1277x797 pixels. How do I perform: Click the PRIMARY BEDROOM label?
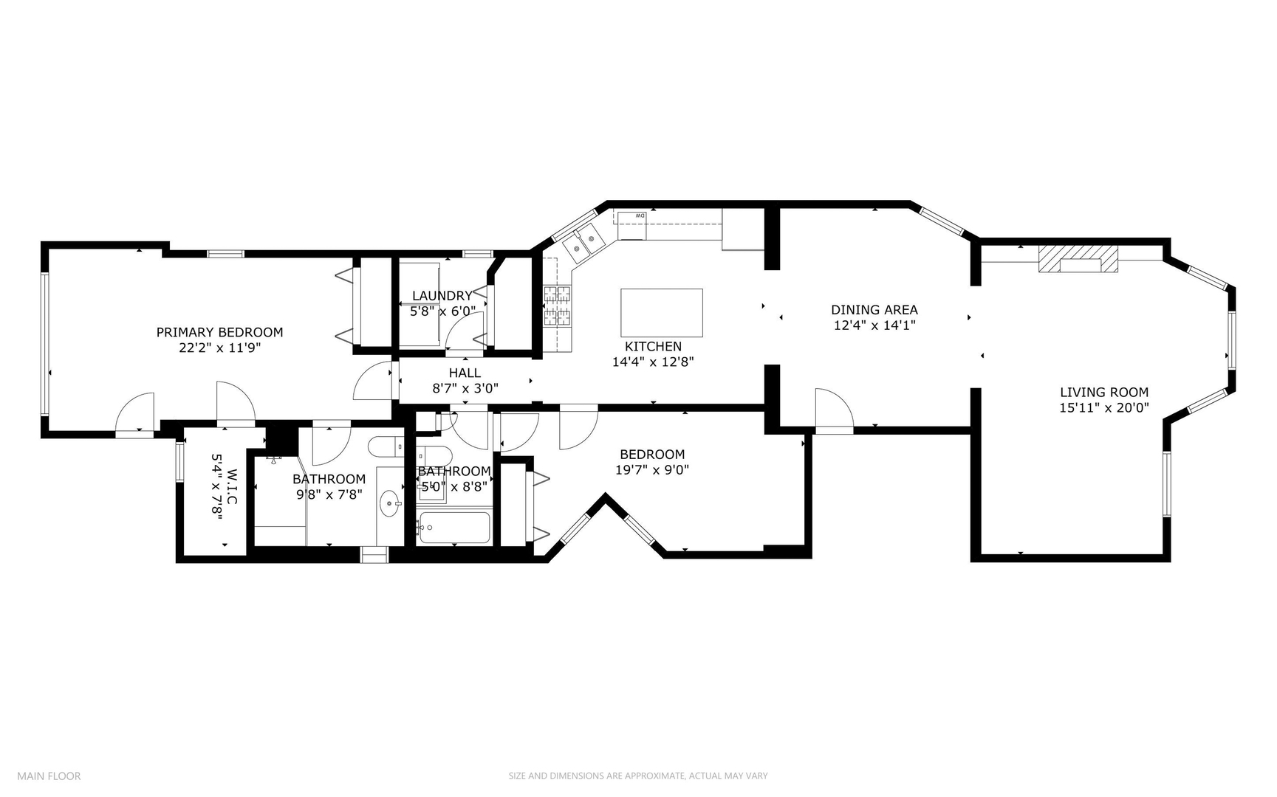[219, 332]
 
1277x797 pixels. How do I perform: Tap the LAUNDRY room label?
[442, 296]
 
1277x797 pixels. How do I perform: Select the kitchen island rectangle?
[661, 313]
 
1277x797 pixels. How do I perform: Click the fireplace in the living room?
[1078, 259]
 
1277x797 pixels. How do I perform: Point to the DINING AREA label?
[874, 310]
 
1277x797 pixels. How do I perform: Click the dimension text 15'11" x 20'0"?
[1104, 407]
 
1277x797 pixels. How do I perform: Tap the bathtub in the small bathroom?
[453, 528]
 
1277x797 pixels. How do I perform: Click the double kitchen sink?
[583, 243]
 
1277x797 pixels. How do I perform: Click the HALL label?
[465, 373]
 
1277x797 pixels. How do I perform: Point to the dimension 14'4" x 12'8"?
[653, 362]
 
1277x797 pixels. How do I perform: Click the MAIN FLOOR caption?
[49, 776]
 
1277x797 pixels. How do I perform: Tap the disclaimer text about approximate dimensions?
[638, 776]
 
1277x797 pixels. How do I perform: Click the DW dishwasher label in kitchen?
[640, 215]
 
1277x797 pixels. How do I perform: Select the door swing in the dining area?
[835, 408]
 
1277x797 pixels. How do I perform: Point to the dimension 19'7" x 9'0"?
[652, 469]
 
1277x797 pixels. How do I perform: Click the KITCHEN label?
[653, 347]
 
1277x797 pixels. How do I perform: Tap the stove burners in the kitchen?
[558, 306]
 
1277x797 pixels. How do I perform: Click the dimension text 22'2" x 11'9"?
[220, 347]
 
